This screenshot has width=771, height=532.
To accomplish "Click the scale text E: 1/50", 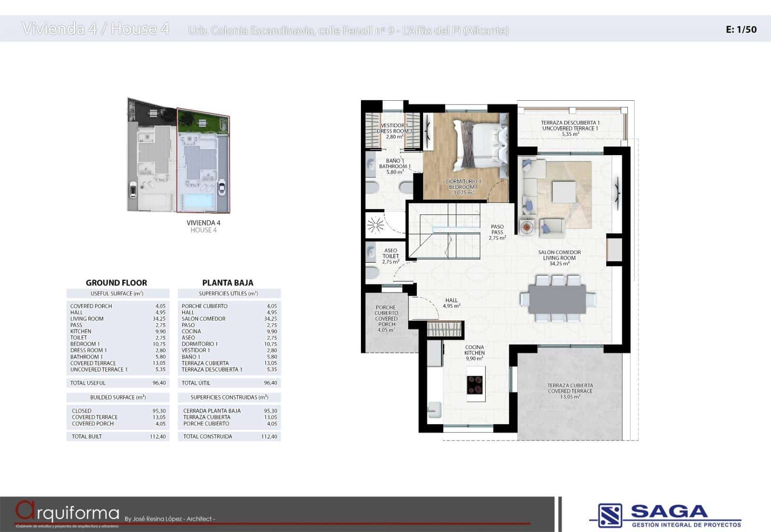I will [741, 29].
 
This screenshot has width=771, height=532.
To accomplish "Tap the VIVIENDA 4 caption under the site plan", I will [203, 223].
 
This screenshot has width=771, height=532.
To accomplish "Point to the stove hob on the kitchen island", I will [475, 385].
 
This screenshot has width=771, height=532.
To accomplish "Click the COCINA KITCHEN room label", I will [475, 353].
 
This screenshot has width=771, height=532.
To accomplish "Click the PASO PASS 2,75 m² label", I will [497, 232].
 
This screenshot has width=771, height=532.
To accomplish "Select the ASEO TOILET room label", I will [391, 256].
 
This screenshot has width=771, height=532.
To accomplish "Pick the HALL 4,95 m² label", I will [452, 303].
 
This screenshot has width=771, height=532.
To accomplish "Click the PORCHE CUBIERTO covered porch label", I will [386, 318].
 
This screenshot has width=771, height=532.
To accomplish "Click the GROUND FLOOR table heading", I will [116, 283].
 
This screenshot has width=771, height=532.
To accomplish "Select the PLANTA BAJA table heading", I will [227, 283].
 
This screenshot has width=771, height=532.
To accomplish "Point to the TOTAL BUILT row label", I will [87, 437].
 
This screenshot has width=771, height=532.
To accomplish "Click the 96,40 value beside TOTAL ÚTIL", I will [270, 383].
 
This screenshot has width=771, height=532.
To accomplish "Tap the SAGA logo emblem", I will [610, 515].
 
